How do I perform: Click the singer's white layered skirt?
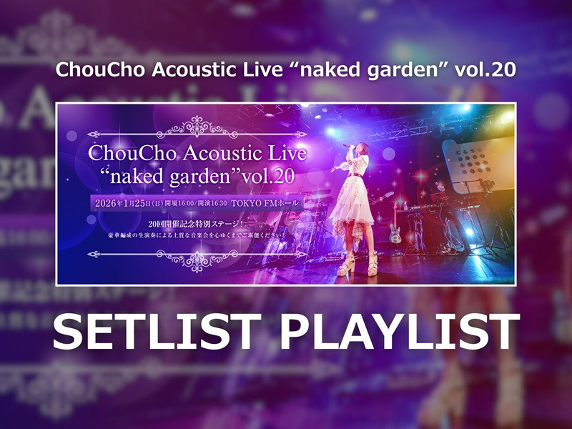coord(357,207)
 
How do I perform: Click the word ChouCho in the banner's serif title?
coord(132,153)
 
